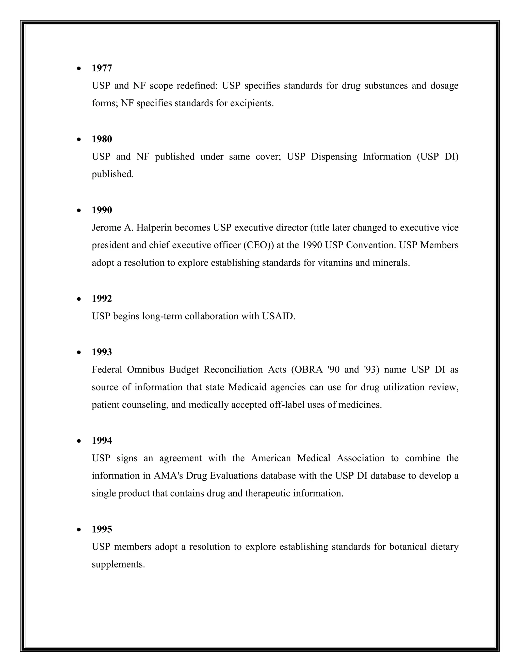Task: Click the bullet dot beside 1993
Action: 79,352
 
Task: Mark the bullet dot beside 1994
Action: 79,441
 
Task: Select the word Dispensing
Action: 334,157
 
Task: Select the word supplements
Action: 118,564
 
